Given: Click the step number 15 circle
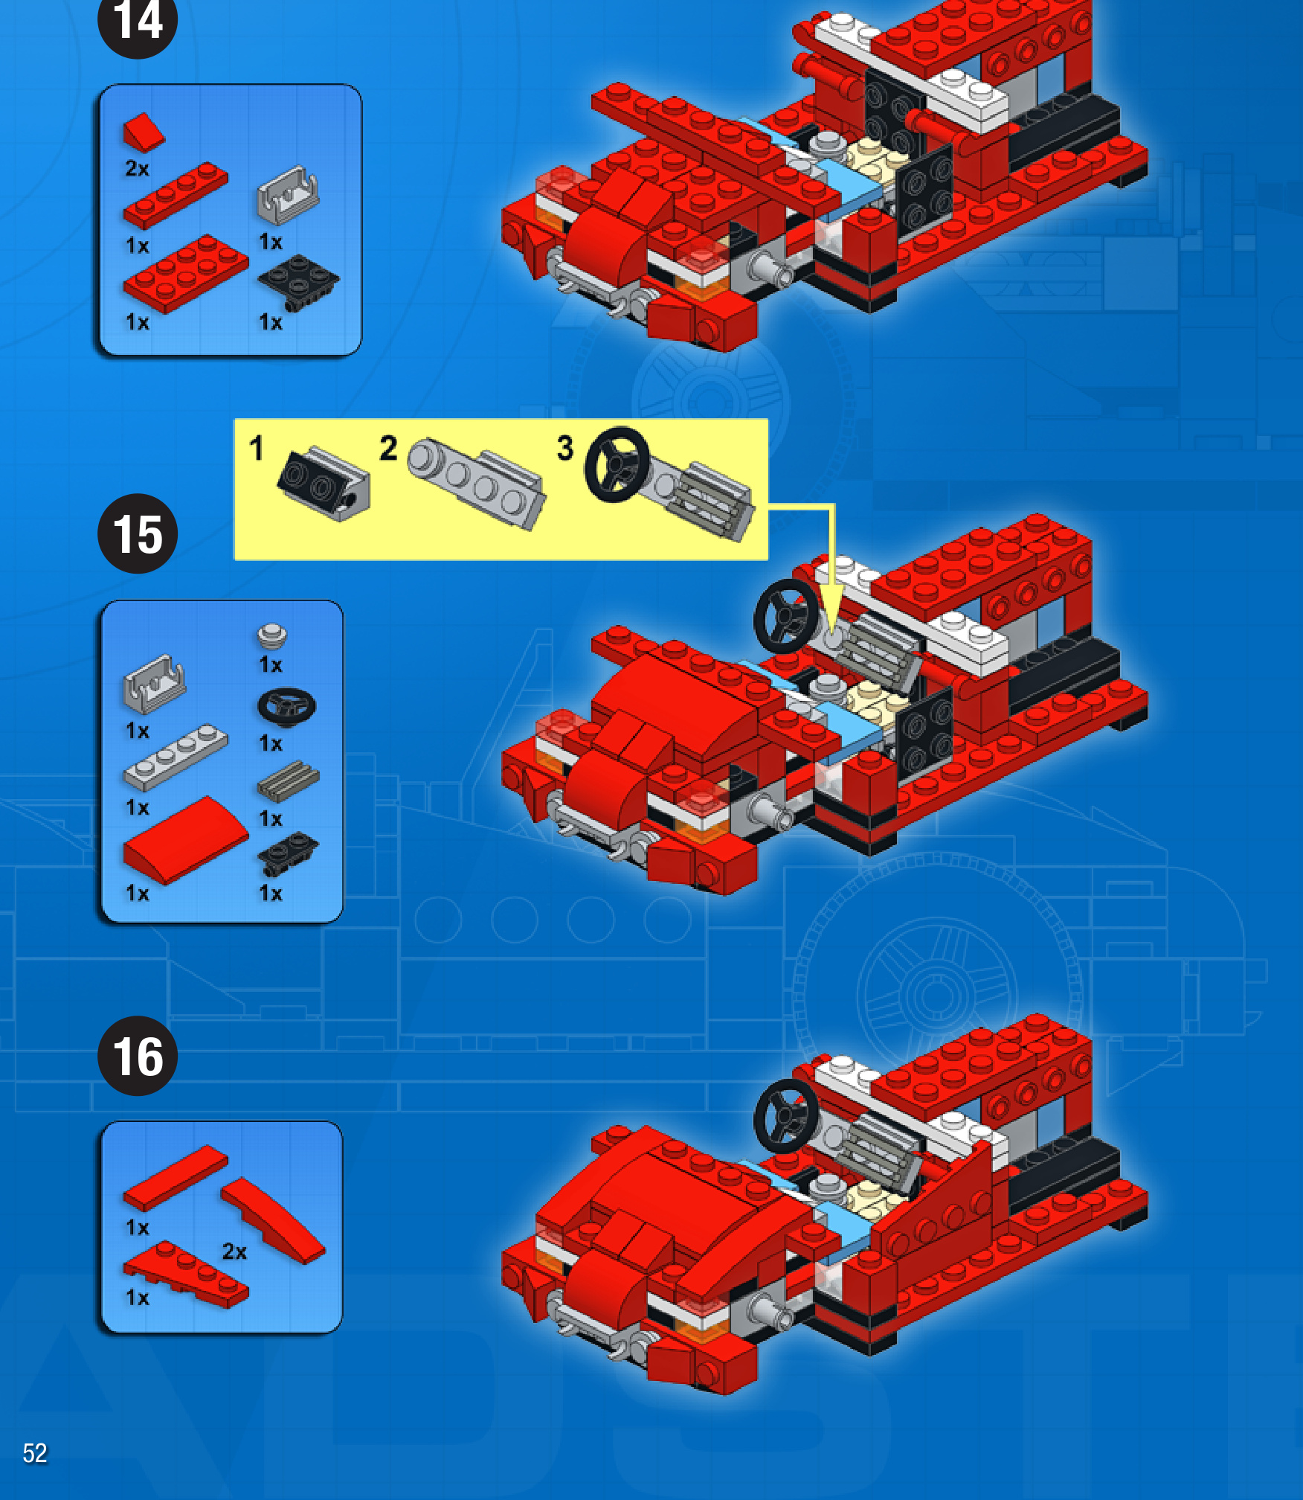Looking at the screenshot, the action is [x=138, y=533].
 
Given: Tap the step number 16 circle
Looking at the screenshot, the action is [x=138, y=1056].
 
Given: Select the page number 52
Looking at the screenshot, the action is [x=35, y=1453].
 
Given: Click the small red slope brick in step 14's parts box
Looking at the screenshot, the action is [x=144, y=132].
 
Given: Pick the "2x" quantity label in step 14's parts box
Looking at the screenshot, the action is [x=137, y=169].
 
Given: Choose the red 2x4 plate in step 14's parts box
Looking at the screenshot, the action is [x=186, y=273].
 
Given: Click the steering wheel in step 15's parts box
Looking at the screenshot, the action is [x=286, y=706].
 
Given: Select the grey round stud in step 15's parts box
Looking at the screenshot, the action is [x=272, y=636].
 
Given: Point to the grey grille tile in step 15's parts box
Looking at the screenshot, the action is [x=289, y=781].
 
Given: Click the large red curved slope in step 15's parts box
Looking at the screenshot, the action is [x=186, y=839].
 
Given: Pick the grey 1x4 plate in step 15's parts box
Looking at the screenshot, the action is [x=176, y=757].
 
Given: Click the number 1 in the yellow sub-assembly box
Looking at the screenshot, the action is [x=257, y=448].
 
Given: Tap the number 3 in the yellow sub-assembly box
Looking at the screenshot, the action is [x=565, y=448].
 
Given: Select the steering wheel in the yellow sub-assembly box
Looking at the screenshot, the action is [x=617, y=464].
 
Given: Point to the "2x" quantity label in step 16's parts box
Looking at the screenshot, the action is [x=234, y=1251].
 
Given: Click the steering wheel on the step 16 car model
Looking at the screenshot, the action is [x=786, y=1116].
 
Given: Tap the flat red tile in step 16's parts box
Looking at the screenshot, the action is [x=176, y=1178].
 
